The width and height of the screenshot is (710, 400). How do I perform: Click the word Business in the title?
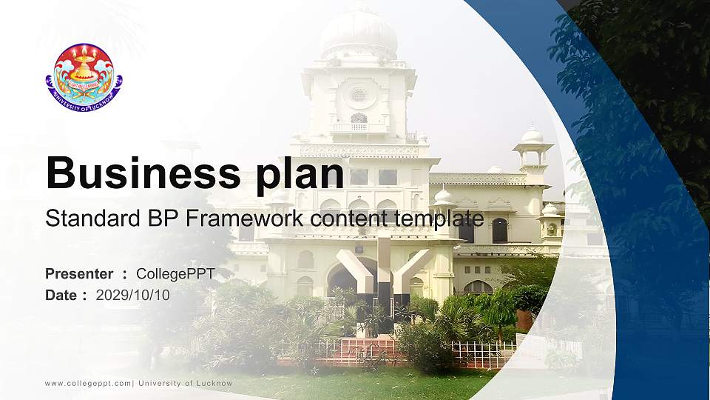(141, 174)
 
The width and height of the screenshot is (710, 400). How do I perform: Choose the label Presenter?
(79, 274)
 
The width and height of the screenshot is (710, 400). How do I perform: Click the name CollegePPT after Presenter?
(175, 274)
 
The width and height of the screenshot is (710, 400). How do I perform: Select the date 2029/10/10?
(133, 295)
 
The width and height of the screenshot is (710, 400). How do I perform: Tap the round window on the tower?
(358, 94)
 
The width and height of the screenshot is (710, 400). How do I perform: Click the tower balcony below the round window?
(359, 127)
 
